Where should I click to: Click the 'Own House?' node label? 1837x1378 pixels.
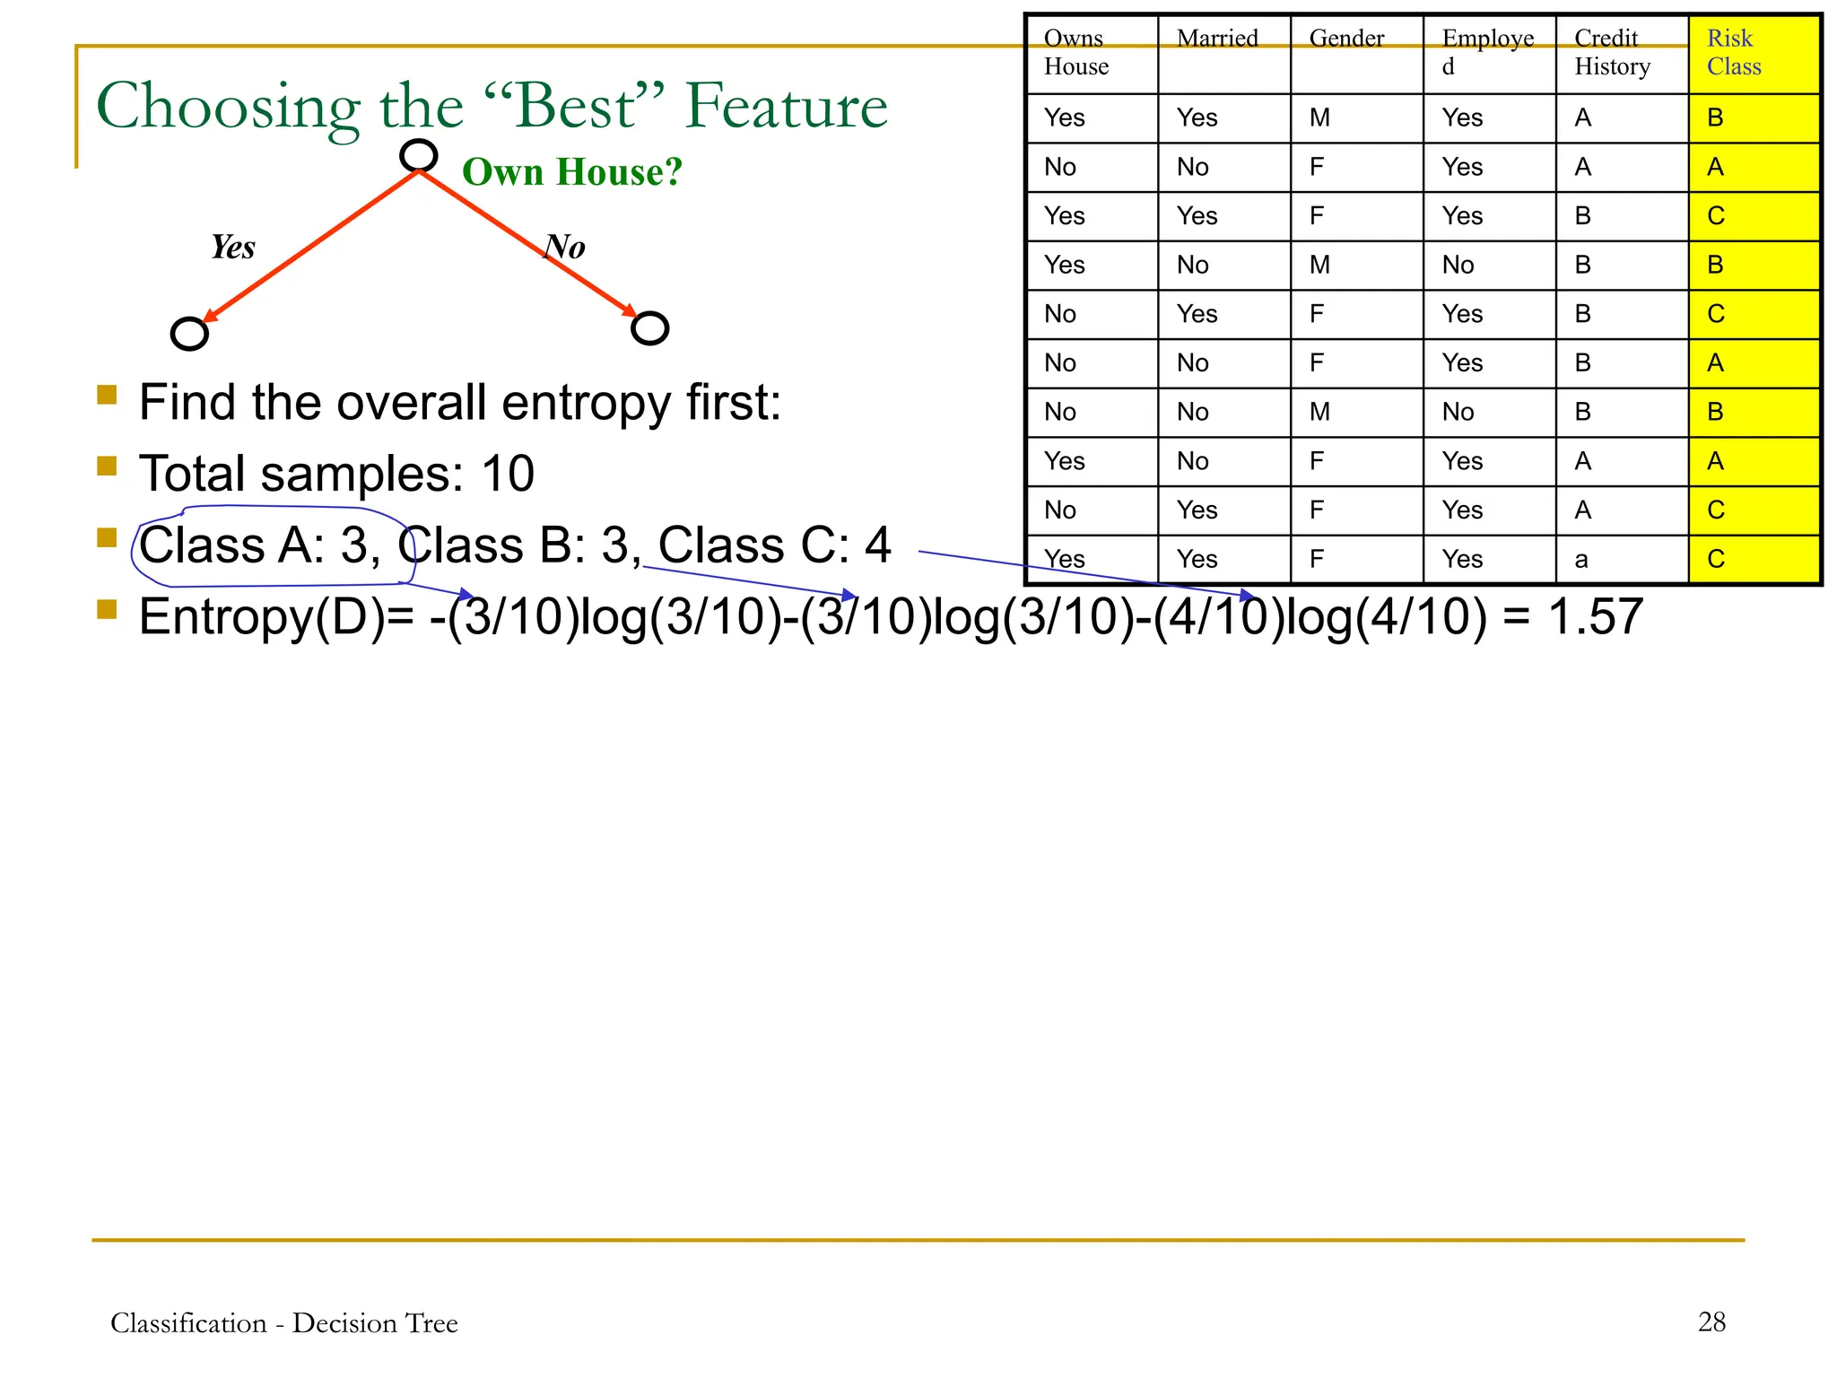point(572,171)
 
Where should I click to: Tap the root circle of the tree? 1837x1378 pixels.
point(418,155)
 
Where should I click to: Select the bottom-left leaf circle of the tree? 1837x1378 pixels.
point(189,334)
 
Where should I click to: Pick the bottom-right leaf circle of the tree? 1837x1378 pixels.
point(649,328)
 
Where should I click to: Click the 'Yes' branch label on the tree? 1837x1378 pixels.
point(233,247)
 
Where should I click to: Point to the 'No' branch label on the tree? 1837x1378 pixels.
point(565,247)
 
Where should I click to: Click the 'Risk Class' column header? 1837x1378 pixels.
point(1733,52)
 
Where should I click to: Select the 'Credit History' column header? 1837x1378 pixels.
point(1612,52)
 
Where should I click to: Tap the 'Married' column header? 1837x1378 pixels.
point(1217,39)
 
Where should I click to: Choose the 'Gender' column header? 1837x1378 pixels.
point(1346,39)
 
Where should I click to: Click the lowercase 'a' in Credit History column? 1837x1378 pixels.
point(1581,561)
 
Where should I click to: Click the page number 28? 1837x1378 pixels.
point(1711,1321)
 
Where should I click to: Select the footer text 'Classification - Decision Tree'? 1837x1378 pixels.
point(283,1323)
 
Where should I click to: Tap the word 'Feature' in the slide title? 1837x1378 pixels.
point(786,107)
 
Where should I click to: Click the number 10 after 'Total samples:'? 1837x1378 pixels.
point(508,474)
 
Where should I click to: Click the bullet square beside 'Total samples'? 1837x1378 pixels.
point(108,467)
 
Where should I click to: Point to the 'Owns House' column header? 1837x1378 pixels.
point(1076,52)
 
